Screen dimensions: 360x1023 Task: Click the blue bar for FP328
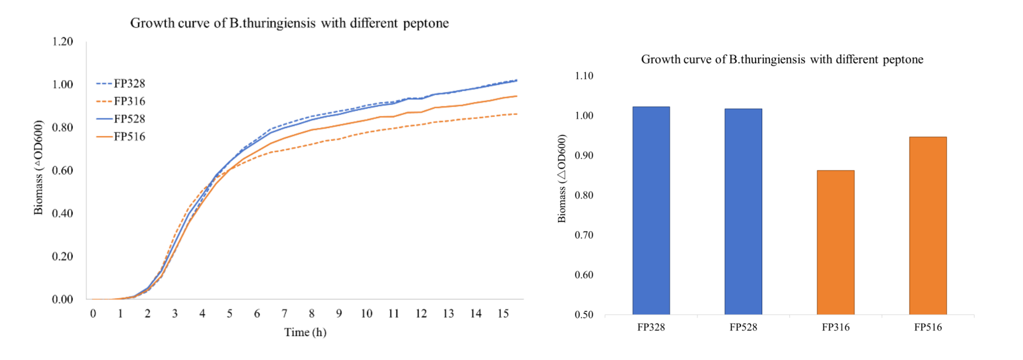click(x=651, y=211)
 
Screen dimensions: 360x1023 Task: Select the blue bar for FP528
click(x=743, y=211)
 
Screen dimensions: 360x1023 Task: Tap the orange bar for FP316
click(x=835, y=242)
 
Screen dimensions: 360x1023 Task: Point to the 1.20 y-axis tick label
click(x=62, y=42)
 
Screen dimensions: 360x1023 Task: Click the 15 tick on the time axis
click(x=503, y=314)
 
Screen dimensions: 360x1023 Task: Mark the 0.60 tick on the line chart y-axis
click(x=62, y=170)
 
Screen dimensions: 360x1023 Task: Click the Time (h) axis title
click(x=305, y=332)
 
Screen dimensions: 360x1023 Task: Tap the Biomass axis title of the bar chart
click(x=562, y=178)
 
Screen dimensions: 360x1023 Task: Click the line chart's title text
click(x=289, y=23)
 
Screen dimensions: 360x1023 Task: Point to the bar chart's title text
click(x=782, y=60)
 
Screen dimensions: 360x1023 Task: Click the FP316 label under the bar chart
click(x=835, y=327)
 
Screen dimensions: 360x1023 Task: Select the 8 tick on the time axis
click(x=312, y=314)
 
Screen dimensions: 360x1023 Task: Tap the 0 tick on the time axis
click(x=93, y=314)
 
